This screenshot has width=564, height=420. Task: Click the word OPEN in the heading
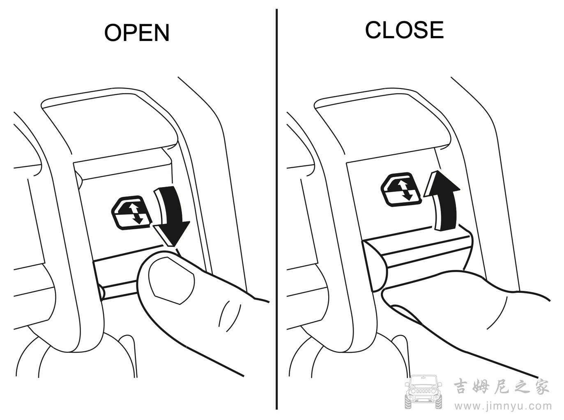click(137, 32)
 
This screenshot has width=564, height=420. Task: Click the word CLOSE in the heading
click(405, 30)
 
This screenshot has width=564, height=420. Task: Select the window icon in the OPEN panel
click(131, 213)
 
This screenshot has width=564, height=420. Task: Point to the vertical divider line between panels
click(277, 209)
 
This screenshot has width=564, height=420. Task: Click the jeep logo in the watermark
click(423, 392)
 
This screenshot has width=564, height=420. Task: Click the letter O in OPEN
click(113, 32)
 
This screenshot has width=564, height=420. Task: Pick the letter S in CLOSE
click(419, 30)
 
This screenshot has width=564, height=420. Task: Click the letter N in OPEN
click(161, 32)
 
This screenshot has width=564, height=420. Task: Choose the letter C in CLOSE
click(374, 30)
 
